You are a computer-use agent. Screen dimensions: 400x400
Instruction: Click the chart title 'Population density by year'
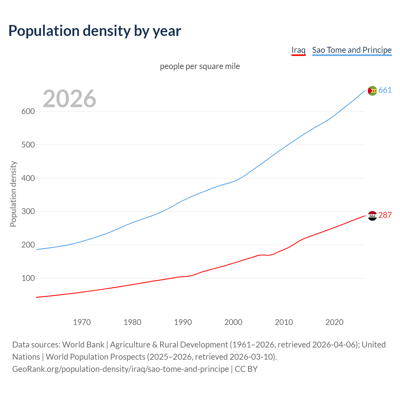pos(95,31)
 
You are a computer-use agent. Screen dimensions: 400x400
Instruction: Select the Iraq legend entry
pos(298,50)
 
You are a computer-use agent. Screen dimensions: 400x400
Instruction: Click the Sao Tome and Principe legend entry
pos(352,50)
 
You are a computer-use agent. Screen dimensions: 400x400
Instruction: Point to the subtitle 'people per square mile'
pos(200,67)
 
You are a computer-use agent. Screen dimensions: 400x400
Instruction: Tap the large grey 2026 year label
pos(69,99)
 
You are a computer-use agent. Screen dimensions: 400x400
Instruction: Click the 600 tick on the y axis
pos(28,112)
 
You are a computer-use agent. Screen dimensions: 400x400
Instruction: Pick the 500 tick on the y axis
pos(28,145)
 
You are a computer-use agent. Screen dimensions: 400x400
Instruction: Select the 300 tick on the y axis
pos(28,212)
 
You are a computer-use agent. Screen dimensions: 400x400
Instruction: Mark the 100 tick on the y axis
pos(28,278)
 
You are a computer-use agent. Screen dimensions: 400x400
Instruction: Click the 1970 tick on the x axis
pos(82,322)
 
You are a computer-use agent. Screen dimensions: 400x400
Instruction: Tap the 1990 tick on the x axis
pos(183,322)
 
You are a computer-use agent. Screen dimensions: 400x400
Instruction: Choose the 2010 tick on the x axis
pos(284,322)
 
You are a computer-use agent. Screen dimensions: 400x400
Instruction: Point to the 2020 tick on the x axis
pos(334,322)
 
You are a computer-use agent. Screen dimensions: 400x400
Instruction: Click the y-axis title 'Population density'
pos(13,194)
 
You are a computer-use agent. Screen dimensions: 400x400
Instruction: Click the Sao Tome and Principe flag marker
pos(372,91)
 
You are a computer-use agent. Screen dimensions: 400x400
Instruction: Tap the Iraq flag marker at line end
pos(372,216)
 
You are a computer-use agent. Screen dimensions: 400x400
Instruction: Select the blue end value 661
pos(385,90)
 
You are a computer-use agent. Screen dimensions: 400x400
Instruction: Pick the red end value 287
pos(385,215)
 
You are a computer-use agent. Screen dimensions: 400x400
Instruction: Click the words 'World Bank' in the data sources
pos(83,345)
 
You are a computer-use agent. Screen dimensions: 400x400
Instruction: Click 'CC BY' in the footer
pos(246,369)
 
